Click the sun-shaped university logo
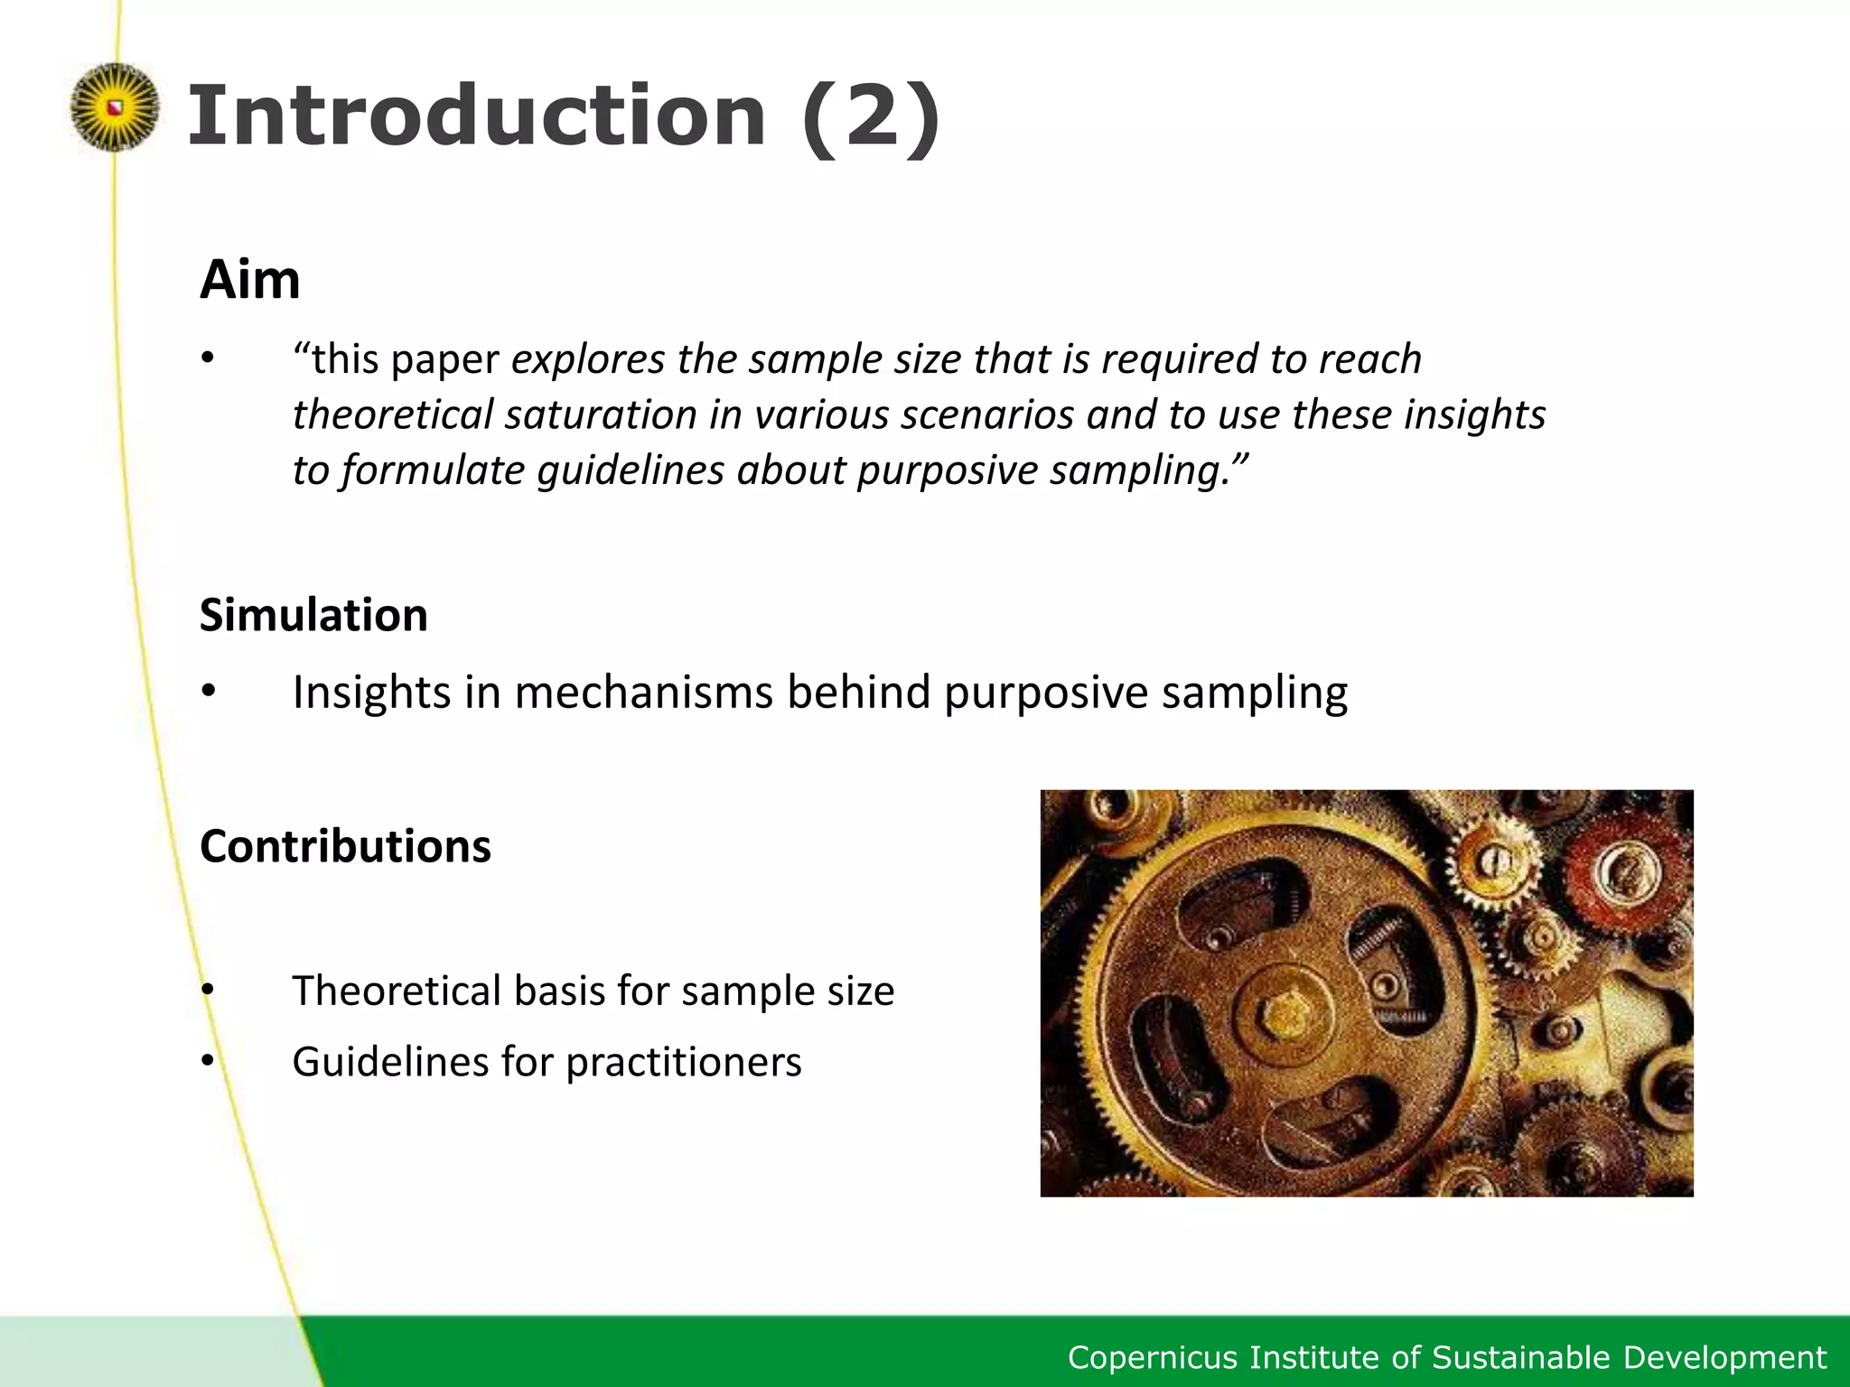[114, 107]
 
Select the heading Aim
[249, 280]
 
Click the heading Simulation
[313, 616]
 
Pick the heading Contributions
[345, 847]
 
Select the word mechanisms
[645, 693]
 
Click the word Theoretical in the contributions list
[397, 991]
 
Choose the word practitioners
[684, 1062]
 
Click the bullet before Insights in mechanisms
[209, 693]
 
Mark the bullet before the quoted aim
[209, 359]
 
